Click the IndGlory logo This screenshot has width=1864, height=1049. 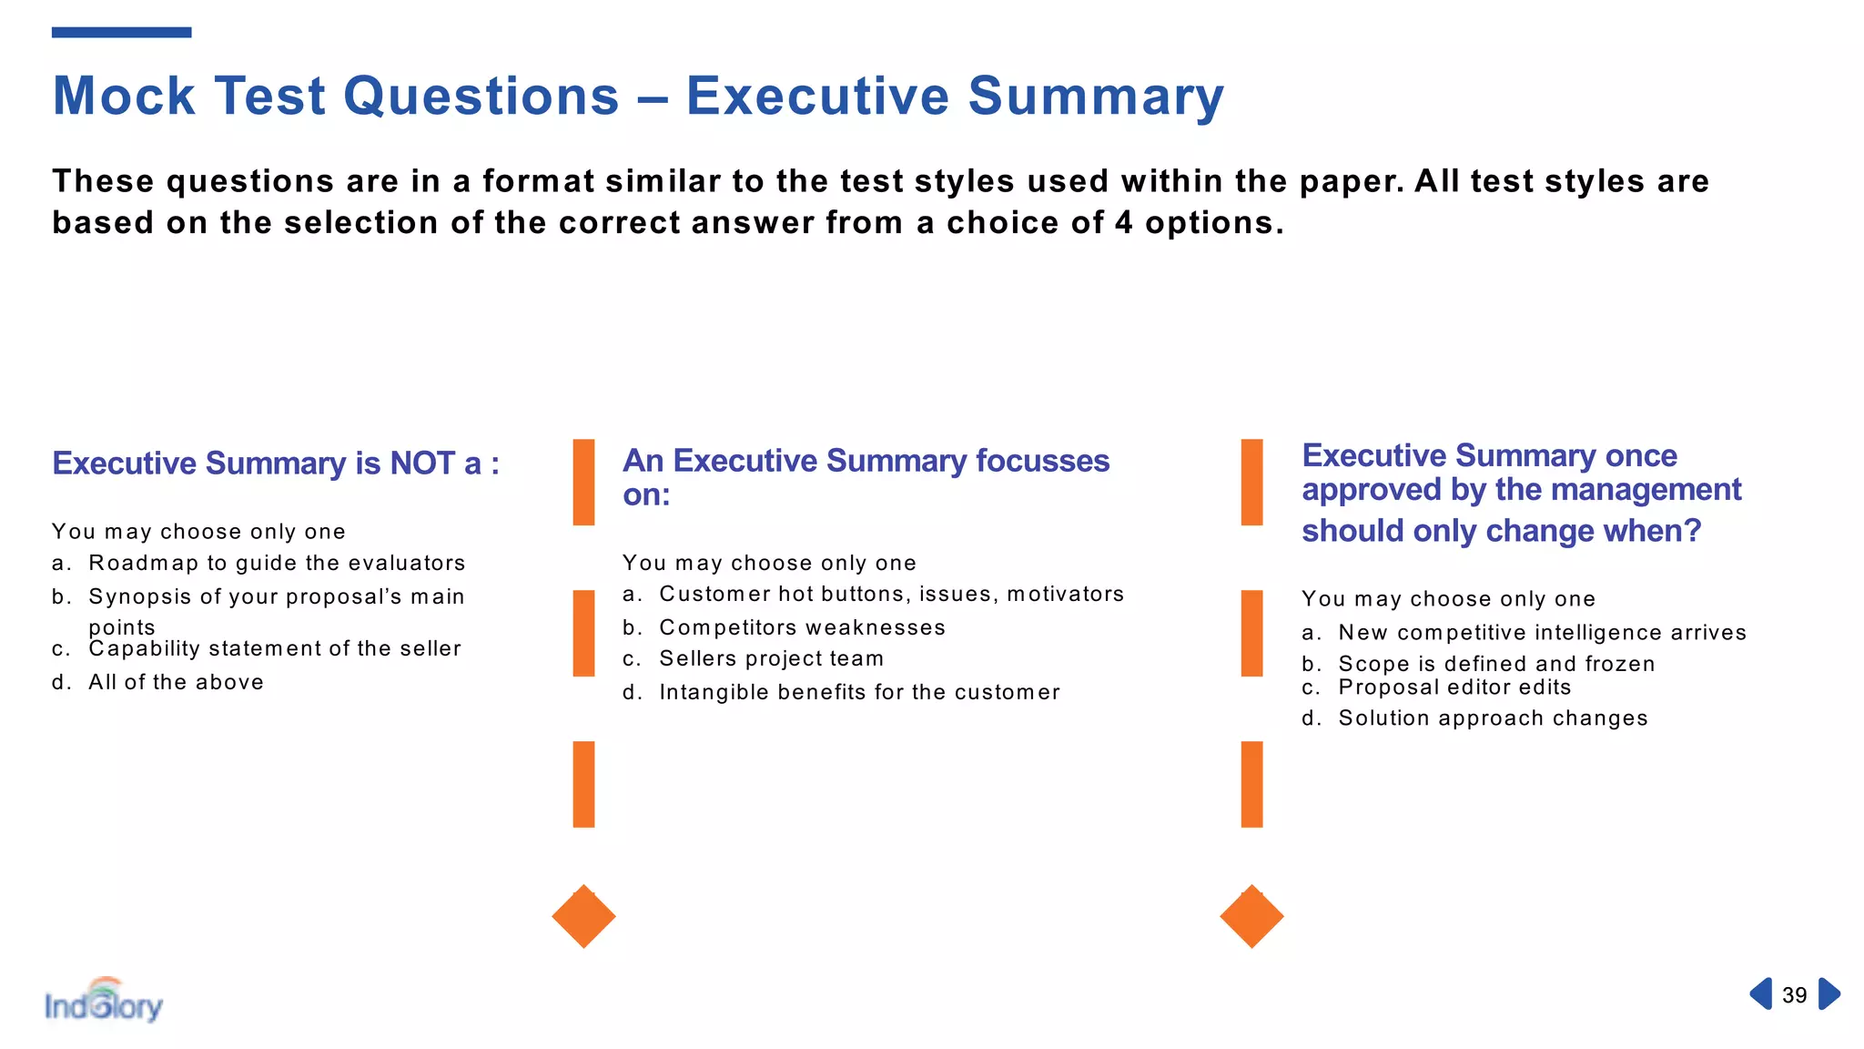[x=104, y=1002]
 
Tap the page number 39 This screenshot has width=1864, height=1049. [x=1794, y=995]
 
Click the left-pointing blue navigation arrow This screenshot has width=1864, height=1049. [x=1761, y=993]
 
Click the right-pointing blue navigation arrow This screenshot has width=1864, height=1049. [x=1829, y=993]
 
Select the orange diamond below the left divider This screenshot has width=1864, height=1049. [x=583, y=916]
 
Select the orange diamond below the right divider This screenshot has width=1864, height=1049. [x=1251, y=916]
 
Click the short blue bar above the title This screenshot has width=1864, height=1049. [x=121, y=33]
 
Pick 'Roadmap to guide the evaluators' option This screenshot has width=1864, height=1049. [x=277, y=563]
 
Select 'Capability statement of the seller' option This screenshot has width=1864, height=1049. [x=274, y=648]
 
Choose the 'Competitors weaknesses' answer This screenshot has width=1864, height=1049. [x=802, y=627]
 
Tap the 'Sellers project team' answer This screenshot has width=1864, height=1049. [x=771, y=658]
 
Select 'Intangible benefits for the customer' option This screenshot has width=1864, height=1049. [x=859, y=692]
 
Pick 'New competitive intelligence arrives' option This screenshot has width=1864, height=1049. [x=1542, y=632]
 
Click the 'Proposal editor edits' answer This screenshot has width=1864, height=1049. [x=1454, y=687]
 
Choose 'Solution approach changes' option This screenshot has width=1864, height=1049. [x=1493, y=718]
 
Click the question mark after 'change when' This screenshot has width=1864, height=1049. [x=1692, y=530]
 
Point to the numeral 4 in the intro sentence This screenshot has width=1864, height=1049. [x=1124, y=223]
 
